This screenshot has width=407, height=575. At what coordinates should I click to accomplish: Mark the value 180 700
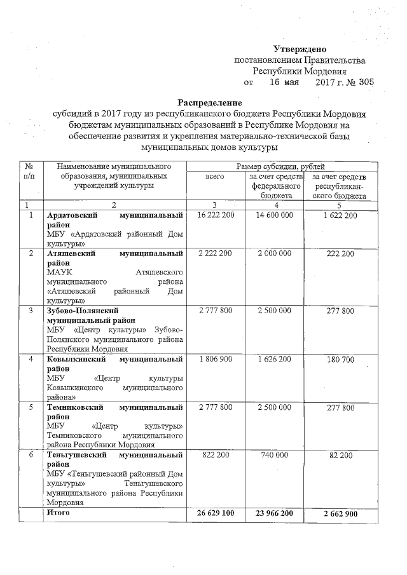338,360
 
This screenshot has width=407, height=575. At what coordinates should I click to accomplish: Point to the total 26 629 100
217,513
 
